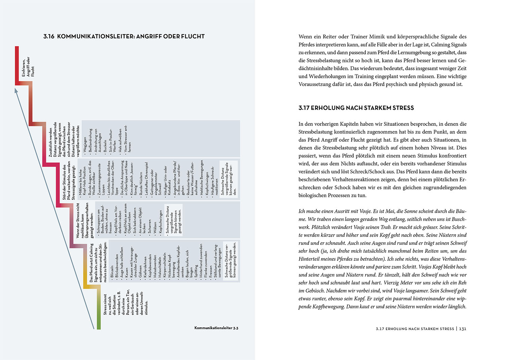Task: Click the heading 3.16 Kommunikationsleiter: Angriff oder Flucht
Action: point(124,36)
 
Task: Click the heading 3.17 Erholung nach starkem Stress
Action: point(356,108)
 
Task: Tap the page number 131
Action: point(462,329)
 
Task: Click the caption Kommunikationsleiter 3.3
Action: point(216,328)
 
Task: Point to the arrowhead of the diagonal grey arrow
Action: point(16,90)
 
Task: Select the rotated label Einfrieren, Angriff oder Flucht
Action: point(28,67)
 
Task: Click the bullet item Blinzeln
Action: point(112,272)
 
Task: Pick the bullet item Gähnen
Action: point(140,272)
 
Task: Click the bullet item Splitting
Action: point(196,271)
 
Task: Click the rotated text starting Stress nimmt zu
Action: point(126,303)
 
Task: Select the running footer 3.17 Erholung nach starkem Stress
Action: point(415,329)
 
